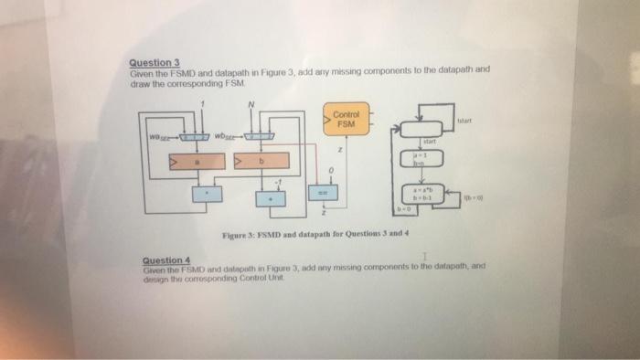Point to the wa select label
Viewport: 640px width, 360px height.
click(157, 138)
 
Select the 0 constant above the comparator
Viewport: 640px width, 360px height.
click(335, 169)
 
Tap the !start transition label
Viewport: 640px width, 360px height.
click(463, 120)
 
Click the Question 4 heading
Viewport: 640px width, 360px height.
click(165, 258)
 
